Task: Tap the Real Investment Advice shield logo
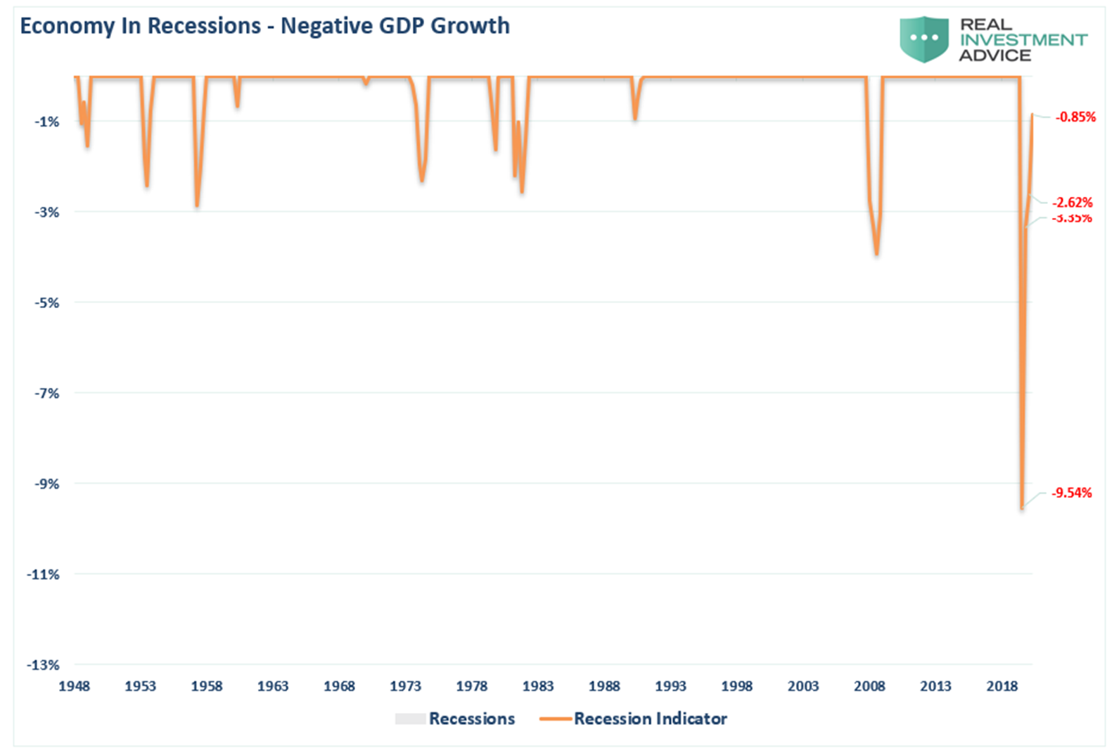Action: point(923,39)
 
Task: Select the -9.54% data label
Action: point(1071,493)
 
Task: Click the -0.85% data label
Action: point(1075,117)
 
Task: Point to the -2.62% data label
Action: point(1072,202)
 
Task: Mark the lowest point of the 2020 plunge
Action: point(1022,508)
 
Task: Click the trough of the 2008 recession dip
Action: point(876,254)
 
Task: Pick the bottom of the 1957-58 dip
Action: point(197,205)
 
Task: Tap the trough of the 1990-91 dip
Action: point(635,119)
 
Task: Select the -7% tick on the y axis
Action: point(47,393)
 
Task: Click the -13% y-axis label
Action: point(44,665)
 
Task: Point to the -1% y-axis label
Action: point(47,122)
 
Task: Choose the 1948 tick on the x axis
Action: point(74,686)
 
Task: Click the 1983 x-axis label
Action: point(538,686)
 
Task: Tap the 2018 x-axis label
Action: point(1002,686)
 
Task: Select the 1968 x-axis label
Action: point(339,686)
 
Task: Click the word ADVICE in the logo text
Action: point(995,56)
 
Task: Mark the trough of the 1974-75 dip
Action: point(422,181)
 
